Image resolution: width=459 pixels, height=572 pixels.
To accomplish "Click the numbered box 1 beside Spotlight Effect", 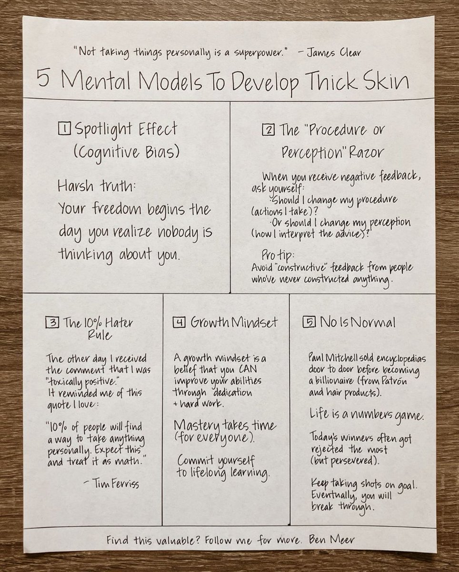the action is point(64,129).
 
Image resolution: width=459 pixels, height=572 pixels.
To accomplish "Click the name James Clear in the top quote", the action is point(334,53).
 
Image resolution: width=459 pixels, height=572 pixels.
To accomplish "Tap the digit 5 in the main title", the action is point(43,79).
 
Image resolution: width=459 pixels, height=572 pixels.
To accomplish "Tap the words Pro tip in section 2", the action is point(278,255).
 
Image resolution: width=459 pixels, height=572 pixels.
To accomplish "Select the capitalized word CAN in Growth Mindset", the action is point(248,369).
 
